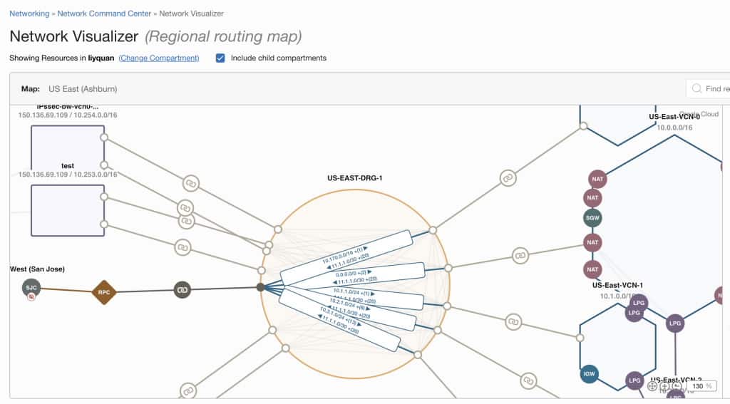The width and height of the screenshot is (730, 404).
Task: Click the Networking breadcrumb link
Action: tap(29, 14)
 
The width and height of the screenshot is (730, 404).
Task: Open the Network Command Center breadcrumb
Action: tap(104, 14)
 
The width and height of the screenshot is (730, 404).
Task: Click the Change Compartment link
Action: tap(159, 58)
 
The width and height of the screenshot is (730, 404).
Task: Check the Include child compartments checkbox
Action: tap(221, 58)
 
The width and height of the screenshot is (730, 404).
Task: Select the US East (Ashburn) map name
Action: tap(83, 89)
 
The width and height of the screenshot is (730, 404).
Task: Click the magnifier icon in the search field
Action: tap(696, 89)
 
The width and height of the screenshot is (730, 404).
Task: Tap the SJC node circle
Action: tap(31, 288)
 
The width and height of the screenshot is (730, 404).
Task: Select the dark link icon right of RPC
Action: tap(182, 289)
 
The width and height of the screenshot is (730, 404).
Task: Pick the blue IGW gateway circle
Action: tap(590, 373)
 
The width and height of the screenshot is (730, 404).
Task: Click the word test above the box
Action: tap(68, 166)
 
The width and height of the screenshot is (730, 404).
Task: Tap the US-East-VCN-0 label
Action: tap(674, 117)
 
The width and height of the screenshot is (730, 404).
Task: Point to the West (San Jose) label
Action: tap(37, 269)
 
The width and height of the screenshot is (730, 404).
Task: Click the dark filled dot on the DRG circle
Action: tap(260, 287)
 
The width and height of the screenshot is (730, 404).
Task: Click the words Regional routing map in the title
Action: tap(223, 36)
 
